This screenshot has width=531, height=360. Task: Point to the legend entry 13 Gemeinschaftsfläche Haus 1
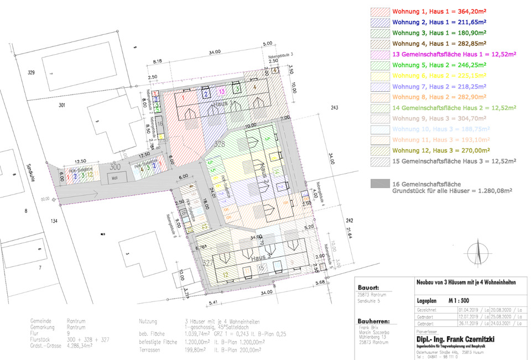click(x=454, y=54)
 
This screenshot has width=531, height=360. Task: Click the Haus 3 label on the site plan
click(x=261, y=258)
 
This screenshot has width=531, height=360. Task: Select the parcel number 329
click(x=31, y=72)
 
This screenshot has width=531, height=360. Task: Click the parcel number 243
click(x=334, y=107)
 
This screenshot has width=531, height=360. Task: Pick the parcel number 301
click(x=61, y=105)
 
